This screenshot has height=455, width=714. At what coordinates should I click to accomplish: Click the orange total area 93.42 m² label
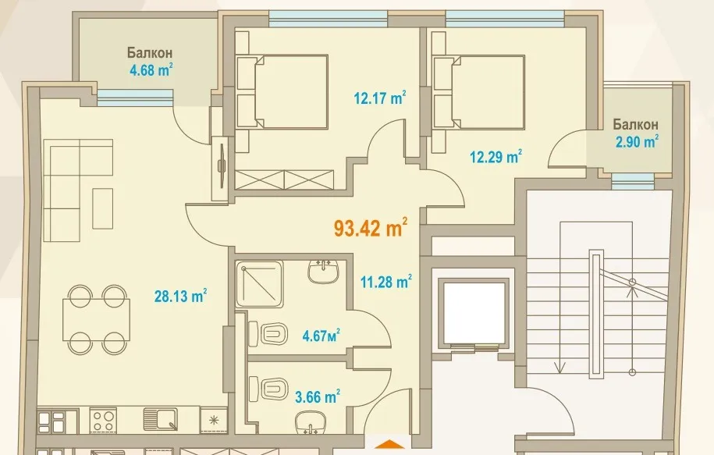click(371, 229)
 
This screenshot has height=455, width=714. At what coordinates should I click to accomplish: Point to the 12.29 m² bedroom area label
click(496, 157)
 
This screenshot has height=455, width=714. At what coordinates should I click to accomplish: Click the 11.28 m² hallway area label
click(385, 281)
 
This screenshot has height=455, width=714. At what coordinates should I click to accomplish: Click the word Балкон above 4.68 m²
click(149, 53)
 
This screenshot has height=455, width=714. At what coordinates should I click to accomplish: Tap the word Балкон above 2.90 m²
click(634, 124)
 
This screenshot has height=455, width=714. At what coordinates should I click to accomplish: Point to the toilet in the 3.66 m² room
click(269, 388)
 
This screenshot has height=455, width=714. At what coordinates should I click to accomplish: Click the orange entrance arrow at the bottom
click(388, 446)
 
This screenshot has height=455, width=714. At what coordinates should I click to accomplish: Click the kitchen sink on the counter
click(159, 421)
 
